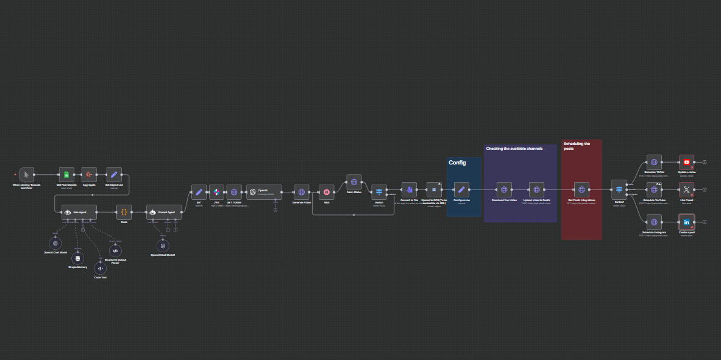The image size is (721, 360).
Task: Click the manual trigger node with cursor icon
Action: pos(27,175)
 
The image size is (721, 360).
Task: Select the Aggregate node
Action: pos(90,175)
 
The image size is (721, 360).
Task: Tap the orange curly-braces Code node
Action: pos(124,212)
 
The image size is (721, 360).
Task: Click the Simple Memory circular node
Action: pos(77,258)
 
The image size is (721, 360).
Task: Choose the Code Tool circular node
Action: pos(100,268)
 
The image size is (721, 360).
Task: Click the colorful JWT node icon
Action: pos(216,192)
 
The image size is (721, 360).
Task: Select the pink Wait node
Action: pos(327,192)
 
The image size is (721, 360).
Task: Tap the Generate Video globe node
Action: pos(301,192)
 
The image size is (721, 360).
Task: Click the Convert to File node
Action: pos(409,189)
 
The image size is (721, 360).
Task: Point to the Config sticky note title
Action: pos(457,163)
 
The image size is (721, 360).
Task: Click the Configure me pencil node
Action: pos(461,189)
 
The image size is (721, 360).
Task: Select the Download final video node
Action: pos(503,189)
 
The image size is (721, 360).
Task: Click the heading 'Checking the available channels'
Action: pos(514,149)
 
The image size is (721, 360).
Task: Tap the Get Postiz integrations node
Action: pos(581,189)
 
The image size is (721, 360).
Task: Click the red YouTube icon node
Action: pos(687,162)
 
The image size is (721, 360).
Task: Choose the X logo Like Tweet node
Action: pos(687,189)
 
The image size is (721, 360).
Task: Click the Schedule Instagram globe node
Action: pos(654,222)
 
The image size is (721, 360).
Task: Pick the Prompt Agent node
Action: pos(164,212)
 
